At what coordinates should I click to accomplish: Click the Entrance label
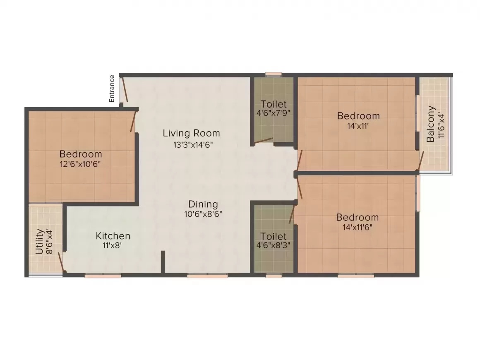[x=112, y=89]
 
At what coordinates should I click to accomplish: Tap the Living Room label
[x=191, y=133]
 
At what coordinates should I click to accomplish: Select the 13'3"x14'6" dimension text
[x=193, y=144]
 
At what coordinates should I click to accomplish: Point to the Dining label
[x=203, y=204]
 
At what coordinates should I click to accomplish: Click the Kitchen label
[x=113, y=236]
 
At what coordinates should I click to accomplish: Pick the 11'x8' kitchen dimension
[x=113, y=245]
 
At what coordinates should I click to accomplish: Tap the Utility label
[x=39, y=242]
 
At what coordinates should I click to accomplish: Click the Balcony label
[x=430, y=124]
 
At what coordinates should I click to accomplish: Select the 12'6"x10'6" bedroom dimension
[x=81, y=164]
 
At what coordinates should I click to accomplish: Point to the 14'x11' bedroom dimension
[x=358, y=126]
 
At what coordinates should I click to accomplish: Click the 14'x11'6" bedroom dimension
[x=358, y=227]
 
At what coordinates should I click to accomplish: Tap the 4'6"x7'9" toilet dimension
[x=273, y=113]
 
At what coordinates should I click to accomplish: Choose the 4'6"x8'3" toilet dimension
[x=273, y=245]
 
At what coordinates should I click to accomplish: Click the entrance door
[x=125, y=89]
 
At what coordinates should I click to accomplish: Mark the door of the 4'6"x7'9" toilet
[x=264, y=141]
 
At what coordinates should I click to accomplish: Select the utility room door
[x=60, y=262]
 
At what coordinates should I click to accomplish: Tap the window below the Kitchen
[x=103, y=276]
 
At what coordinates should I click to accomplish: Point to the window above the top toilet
[x=274, y=74]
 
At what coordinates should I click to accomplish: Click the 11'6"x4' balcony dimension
[x=441, y=125]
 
